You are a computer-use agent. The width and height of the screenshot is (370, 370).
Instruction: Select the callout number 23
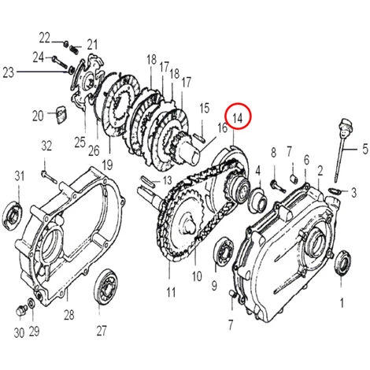(x=9, y=72)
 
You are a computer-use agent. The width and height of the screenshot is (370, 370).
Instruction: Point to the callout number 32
(x=46, y=146)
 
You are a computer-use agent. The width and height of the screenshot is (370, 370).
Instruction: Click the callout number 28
(x=68, y=316)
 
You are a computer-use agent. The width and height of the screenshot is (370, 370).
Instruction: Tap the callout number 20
(x=38, y=116)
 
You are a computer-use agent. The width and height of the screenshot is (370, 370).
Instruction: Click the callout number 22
(x=44, y=36)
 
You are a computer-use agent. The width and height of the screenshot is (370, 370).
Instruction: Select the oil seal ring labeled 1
(x=344, y=263)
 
